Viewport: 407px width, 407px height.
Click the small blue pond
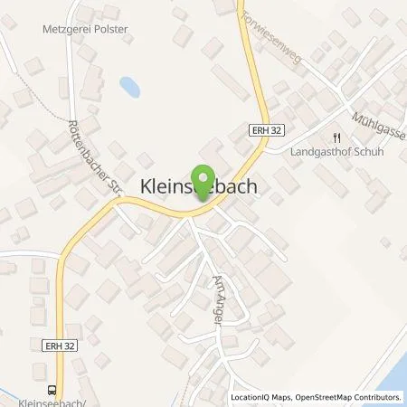coord(130,87)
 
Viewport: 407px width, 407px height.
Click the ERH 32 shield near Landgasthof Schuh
coord(261,131)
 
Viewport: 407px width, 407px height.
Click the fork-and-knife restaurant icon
coord(336,137)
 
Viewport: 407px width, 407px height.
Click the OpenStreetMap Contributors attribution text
coord(345,397)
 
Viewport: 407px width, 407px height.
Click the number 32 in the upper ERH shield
coord(269,131)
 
